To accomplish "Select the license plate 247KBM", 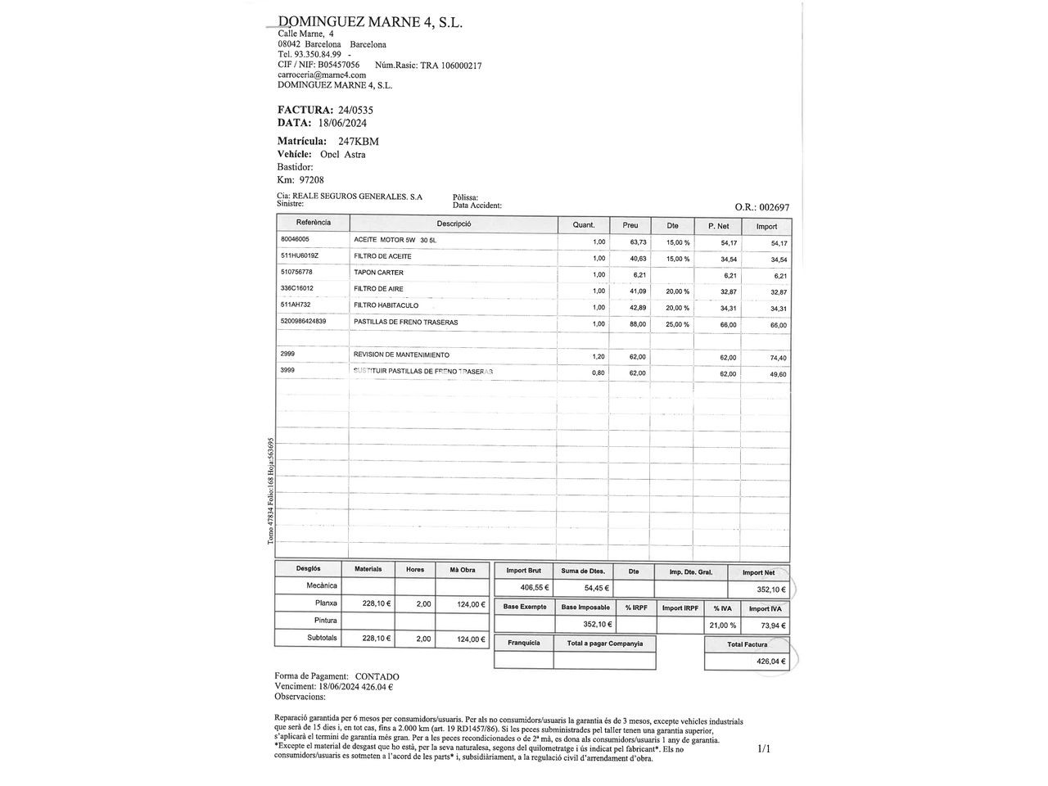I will click(x=359, y=141).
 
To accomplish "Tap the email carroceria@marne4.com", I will click(x=322, y=75).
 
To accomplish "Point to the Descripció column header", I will click(x=454, y=224).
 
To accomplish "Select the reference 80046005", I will click(x=295, y=239).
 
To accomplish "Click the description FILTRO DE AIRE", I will click(x=378, y=289).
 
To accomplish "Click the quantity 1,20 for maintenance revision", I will click(x=599, y=357).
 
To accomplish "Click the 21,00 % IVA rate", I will click(x=722, y=626).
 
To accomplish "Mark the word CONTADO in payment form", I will click(x=377, y=676).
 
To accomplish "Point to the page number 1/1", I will click(x=764, y=748).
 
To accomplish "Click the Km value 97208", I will click(x=311, y=180).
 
